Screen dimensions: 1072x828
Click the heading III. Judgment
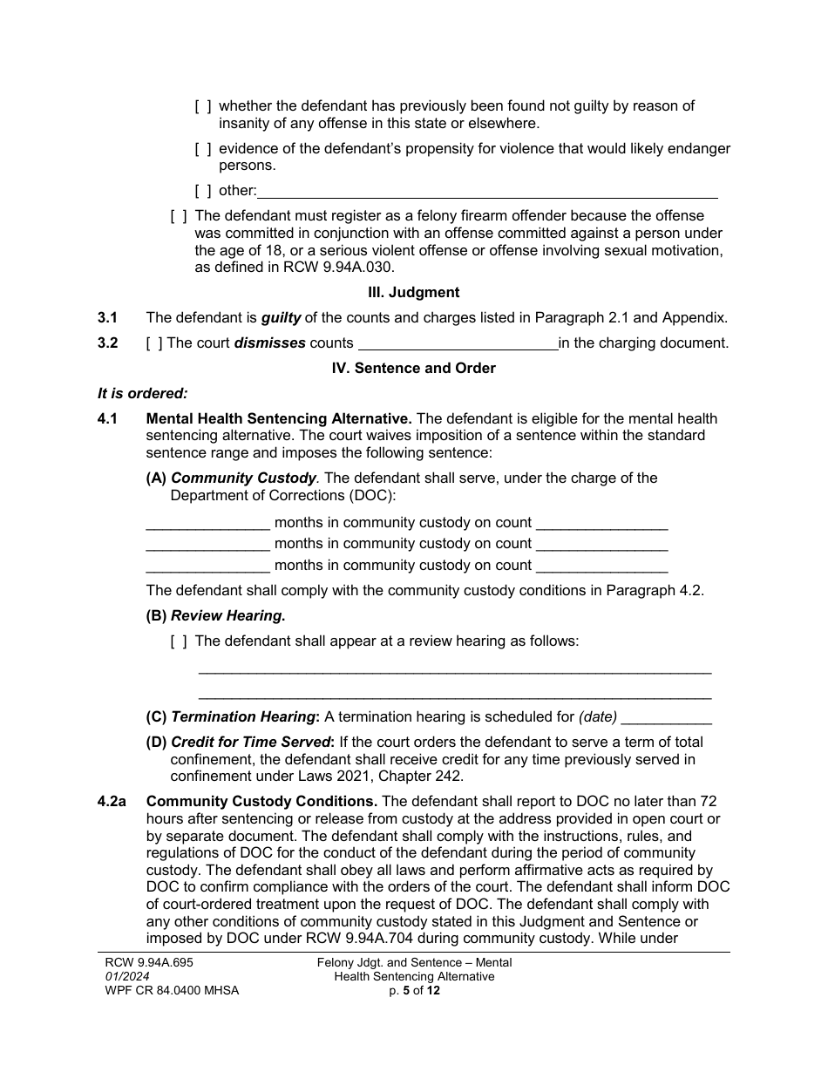pos(414,293)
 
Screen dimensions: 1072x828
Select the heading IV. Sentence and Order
pos(414,368)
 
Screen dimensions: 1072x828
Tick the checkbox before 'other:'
pos(202,191)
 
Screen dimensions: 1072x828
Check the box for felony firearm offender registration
pos(179,215)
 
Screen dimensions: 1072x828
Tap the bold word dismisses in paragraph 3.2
pos(269,343)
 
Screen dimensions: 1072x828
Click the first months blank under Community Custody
pos(207,524)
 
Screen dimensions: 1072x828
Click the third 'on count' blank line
pos(601,567)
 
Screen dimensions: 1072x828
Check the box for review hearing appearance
pos(179,641)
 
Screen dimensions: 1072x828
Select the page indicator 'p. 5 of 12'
pos(414,991)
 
